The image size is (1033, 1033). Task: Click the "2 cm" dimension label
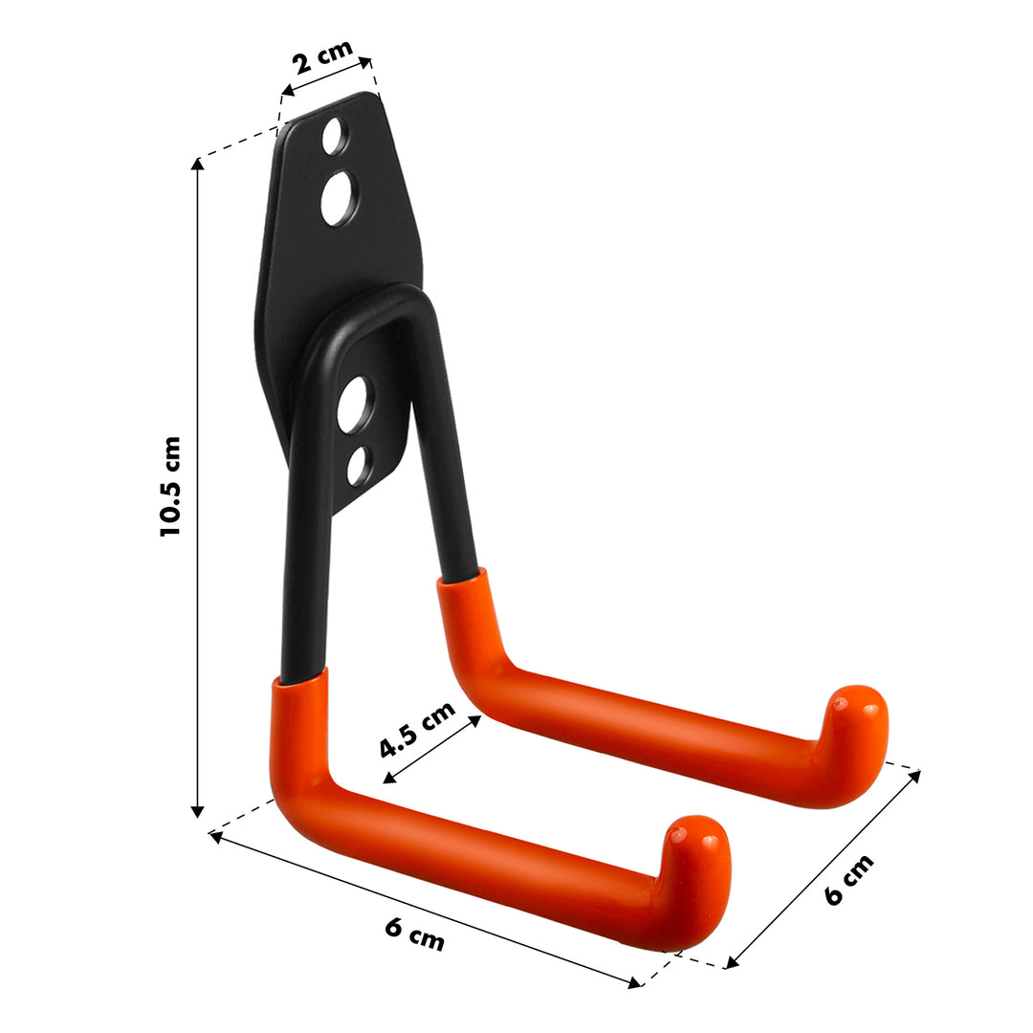(322, 58)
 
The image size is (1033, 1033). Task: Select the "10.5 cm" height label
(170, 485)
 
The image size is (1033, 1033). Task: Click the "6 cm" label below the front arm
(415, 934)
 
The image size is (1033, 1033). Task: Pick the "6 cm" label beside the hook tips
(848, 880)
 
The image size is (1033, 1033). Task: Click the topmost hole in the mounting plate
(335, 137)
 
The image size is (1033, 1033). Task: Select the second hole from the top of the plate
(337, 199)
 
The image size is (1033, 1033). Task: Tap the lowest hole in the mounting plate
(359, 466)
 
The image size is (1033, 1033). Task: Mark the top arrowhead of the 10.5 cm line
(198, 164)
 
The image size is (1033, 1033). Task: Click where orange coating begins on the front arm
(300, 681)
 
